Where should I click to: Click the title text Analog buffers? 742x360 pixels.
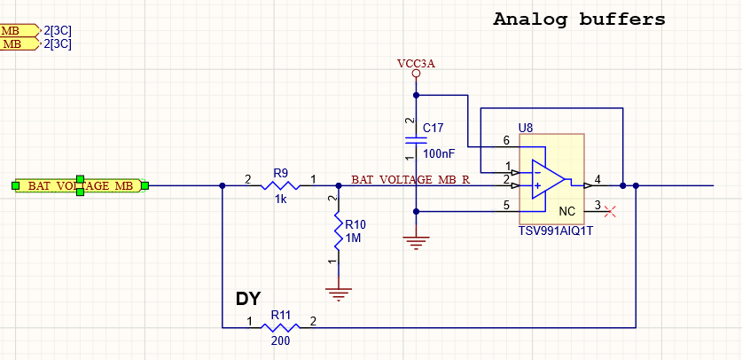pos(579,19)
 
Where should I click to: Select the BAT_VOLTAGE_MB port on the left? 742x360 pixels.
pos(80,185)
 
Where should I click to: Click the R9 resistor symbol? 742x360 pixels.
pos(281,185)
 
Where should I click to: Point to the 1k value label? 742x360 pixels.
pos(281,200)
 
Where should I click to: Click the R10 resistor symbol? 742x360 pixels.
pos(337,230)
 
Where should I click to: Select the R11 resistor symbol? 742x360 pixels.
pos(281,327)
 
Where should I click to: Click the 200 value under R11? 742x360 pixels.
pos(281,341)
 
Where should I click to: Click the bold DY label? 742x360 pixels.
pos(248,299)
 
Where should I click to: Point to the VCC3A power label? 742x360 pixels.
pos(416,63)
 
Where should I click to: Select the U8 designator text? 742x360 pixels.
pos(526,128)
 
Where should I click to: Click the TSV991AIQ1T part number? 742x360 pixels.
pos(555,231)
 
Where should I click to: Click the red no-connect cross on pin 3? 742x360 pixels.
pos(609,209)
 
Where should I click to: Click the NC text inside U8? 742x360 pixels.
pos(567,212)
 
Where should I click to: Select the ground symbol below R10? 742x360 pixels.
pos(337,290)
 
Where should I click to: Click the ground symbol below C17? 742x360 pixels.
pos(416,240)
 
